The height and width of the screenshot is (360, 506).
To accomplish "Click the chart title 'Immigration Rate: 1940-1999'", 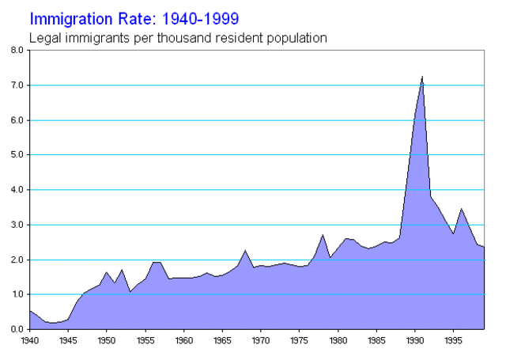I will pos(135,17).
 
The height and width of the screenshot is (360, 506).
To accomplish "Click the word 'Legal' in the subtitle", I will pos(44,36).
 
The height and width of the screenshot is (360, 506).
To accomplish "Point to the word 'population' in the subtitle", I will pos(296,37).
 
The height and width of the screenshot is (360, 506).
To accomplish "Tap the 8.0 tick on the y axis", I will pos(17,50).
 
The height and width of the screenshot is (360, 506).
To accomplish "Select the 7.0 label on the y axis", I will pos(17,85).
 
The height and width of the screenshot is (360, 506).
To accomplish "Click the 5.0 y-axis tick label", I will pos(17,155).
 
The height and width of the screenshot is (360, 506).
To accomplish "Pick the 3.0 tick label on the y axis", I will pos(17,225).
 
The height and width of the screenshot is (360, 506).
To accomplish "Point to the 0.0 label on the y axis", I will pos(17,329).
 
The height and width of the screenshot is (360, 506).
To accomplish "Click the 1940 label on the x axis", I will pos(29,342).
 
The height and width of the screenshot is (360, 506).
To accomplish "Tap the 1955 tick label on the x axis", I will pos(145,342).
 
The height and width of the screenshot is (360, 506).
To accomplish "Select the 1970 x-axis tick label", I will pos(261,342).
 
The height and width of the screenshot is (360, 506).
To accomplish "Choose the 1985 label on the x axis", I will pos(376,342).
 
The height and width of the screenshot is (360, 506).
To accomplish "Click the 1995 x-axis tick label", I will pos(454,342).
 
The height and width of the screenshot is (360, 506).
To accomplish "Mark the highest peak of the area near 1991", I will pos(422,77).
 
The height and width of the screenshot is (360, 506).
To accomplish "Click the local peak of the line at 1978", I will pos(323,235).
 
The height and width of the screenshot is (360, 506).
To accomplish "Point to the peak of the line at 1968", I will pos(245,250).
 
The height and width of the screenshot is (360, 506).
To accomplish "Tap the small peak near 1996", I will pos(462,209).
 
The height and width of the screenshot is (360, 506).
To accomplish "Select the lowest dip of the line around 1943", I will pos(52,323).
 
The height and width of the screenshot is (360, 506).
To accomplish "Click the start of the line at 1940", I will pos(29,311).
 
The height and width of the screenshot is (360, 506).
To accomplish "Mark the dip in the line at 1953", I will pos(130,292).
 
